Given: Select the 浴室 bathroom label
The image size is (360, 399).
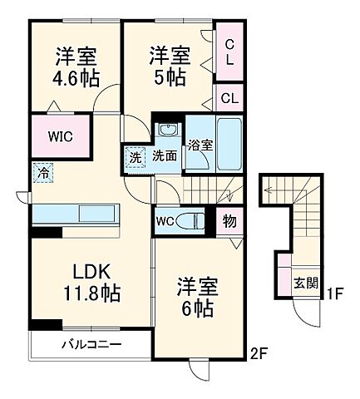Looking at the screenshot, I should [199, 145].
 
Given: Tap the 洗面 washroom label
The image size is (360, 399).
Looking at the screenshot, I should [165, 155].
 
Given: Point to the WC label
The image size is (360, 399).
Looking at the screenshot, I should [164, 221].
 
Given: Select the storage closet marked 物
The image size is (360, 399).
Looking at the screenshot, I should [228, 221].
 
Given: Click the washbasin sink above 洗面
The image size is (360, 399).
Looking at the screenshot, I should [167, 130].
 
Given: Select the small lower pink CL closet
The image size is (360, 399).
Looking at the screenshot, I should [229, 98].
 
